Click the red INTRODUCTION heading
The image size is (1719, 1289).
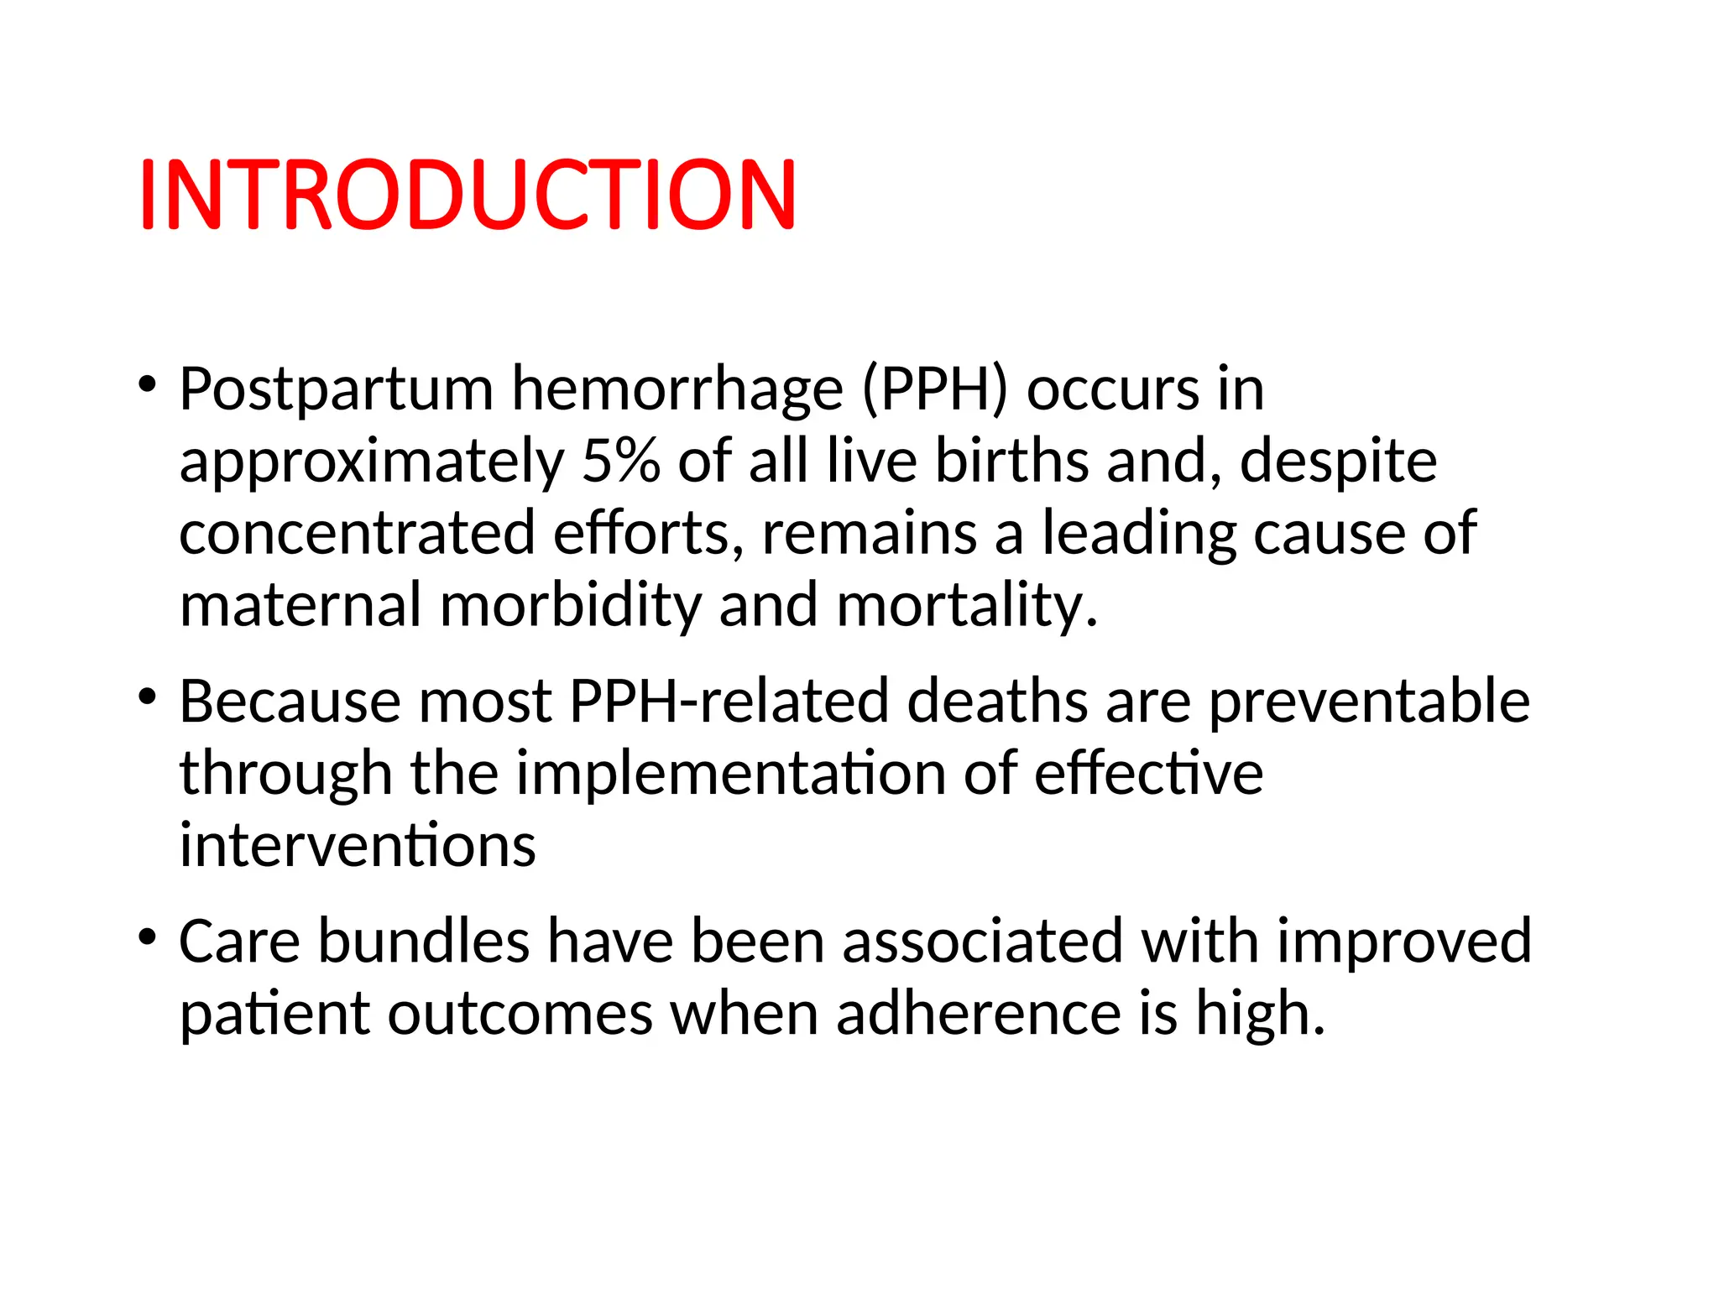467,195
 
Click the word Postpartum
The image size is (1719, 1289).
336,390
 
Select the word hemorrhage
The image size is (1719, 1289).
677,390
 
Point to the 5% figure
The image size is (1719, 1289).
620,462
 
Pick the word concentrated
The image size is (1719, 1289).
357,534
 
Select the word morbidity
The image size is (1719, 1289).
570,606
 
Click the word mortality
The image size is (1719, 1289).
966,606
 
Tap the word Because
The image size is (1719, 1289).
290,702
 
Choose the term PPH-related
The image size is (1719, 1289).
729,702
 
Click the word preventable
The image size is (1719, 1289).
1369,702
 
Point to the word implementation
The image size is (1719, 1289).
730,774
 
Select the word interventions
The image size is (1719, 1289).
358,846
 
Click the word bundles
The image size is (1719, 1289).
424,942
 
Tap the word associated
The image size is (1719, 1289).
982,942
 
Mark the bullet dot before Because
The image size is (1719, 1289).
148,697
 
